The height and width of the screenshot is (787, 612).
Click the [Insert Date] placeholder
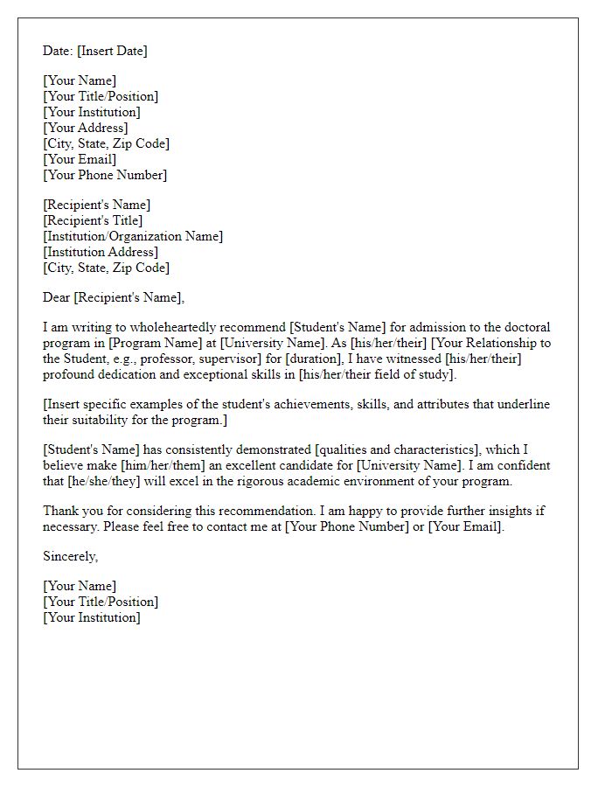pos(112,51)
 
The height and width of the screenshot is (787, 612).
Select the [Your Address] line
pos(85,128)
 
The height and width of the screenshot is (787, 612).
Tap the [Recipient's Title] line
pos(93,220)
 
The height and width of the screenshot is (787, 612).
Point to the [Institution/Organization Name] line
pos(133,236)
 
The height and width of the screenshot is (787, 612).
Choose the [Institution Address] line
pos(101,252)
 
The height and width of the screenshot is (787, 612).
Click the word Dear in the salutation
pos(57,297)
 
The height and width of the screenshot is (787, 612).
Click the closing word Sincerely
pos(71,556)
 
